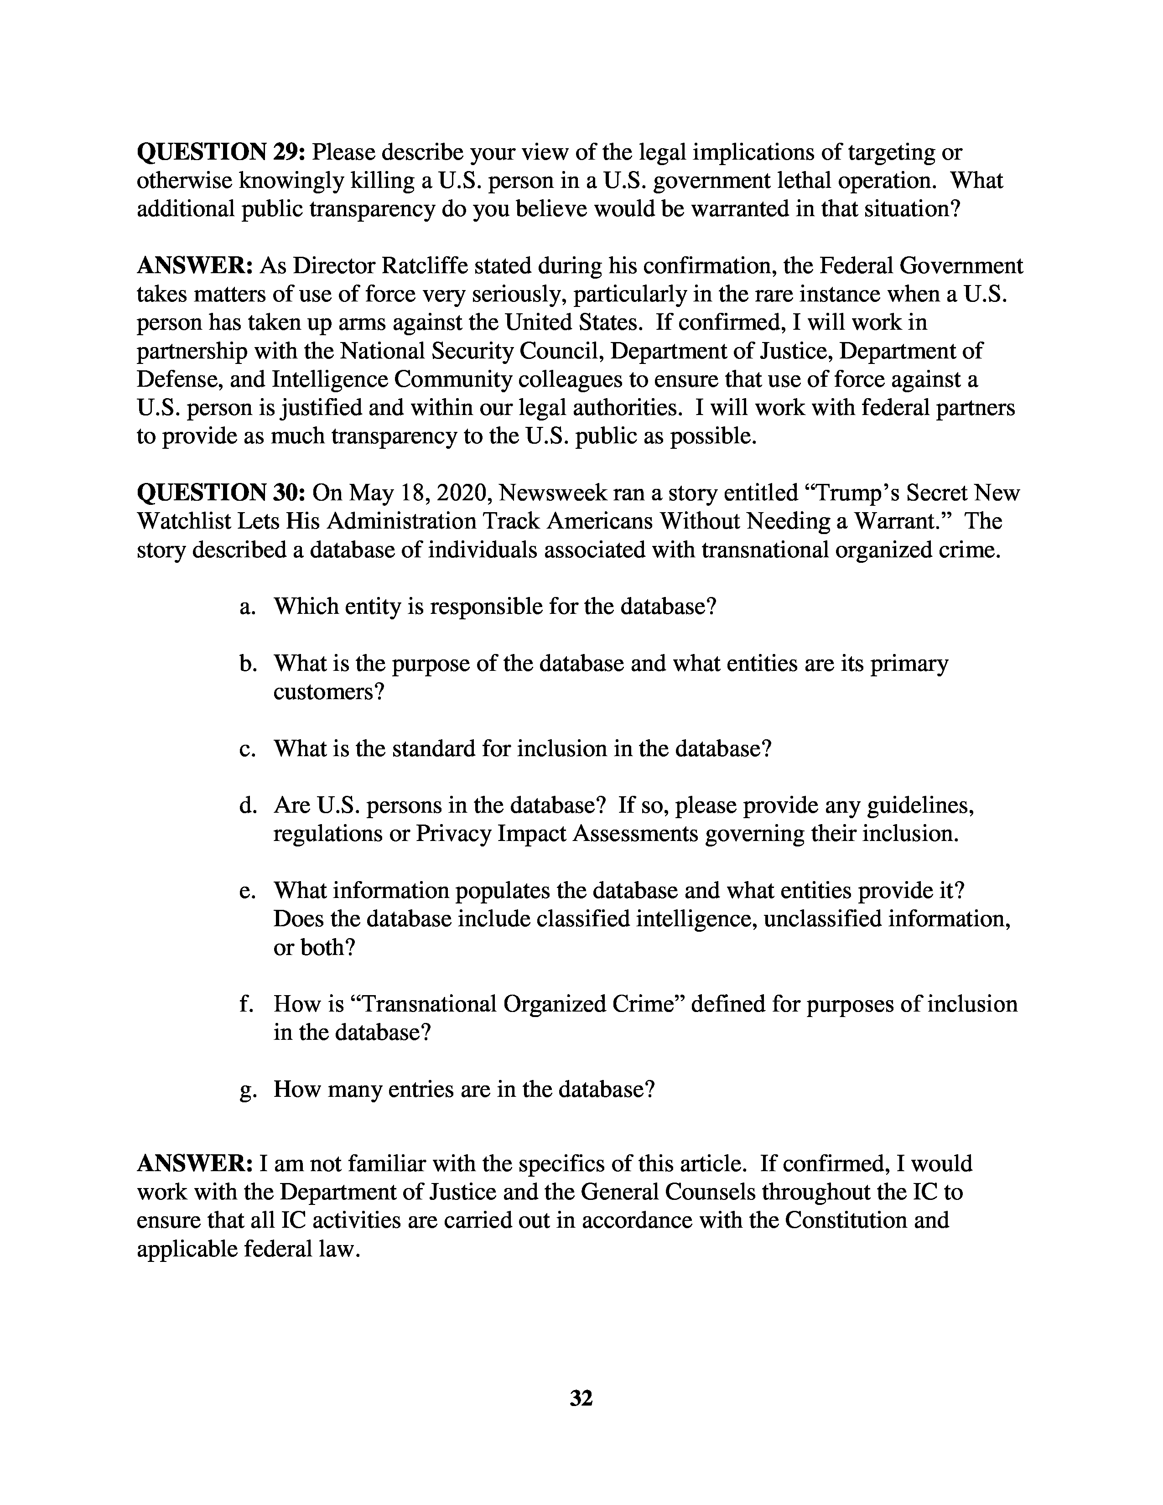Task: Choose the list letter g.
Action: (x=245, y=1090)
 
